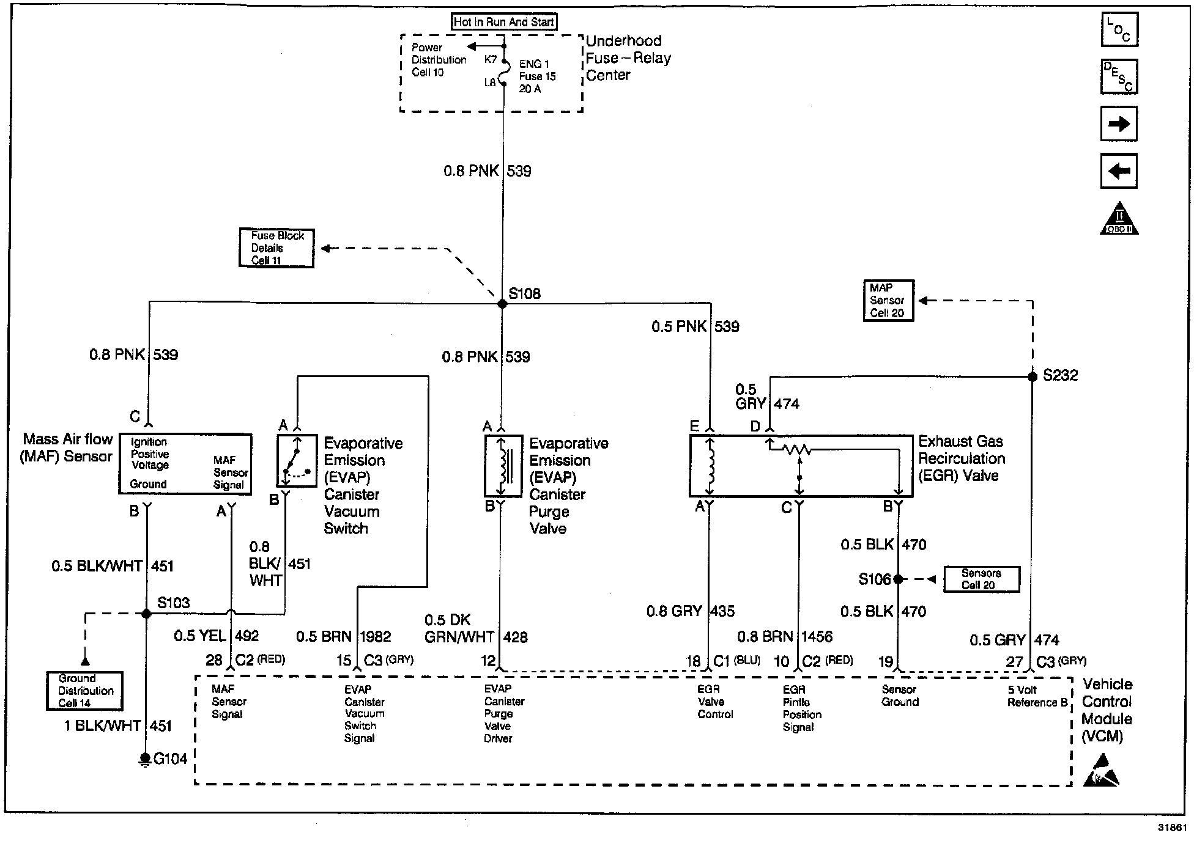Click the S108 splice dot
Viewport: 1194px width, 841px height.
(x=502, y=304)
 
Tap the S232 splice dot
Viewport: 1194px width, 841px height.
(x=1033, y=376)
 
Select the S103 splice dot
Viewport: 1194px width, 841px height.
(x=146, y=613)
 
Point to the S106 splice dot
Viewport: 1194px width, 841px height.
(x=898, y=579)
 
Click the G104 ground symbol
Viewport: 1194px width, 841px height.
(x=145, y=760)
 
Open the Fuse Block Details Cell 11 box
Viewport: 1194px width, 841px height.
(x=276, y=248)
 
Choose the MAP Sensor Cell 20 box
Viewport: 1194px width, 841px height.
(x=888, y=300)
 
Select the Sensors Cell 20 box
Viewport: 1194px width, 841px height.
(x=982, y=579)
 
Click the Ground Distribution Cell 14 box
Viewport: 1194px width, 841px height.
(x=85, y=691)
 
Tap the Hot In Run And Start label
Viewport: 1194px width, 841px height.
(x=504, y=22)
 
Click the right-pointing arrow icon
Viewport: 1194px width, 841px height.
(x=1119, y=124)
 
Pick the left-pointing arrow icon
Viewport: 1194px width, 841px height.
(x=1119, y=171)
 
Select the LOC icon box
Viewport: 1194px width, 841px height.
(x=1119, y=29)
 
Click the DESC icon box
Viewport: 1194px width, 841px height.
(x=1119, y=76)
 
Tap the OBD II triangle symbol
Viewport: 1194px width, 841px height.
(x=1119, y=218)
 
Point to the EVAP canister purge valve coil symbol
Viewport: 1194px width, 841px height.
(x=503, y=466)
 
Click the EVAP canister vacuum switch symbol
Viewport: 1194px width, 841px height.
(x=297, y=460)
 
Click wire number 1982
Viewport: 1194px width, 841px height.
(x=376, y=637)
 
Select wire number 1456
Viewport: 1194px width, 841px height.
(x=817, y=637)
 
